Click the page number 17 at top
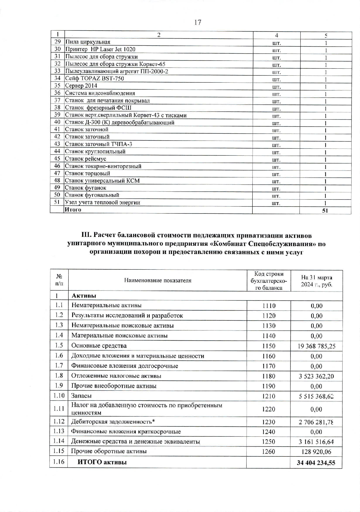pyautogui.click(x=197, y=22)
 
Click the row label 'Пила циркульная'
pyautogui.click(x=88, y=42)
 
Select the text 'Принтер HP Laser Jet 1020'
pyautogui.click(x=100, y=49)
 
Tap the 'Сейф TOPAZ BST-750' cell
pyautogui.click(x=94, y=79)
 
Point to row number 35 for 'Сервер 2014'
pyautogui.click(x=57, y=86)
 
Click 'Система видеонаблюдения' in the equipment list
pyautogui.click(x=100, y=93)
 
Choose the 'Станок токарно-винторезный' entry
pyautogui.click(x=103, y=166)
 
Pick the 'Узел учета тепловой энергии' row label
pyautogui.click(x=102, y=202)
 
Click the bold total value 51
pyautogui.click(x=325, y=210)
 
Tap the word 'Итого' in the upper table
pyautogui.click(x=73, y=209)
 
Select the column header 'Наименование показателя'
pyautogui.click(x=158, y=280)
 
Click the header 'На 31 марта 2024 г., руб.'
pyautogui.click(x=316, y=281)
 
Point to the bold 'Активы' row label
pyautogui.click(x=84, y=296)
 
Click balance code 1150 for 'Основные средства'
pyautogui.click(x=269, y=346)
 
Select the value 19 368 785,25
pyautogui.click(x=316, y=346)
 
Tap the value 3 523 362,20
pyautogui.click(x=316, y=376)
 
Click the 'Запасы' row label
pyautogui.click(x=81, y=396)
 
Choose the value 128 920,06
pyautogui.click(x=316, y=452)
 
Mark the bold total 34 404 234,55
pyautogui.click(x=316, y=463)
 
